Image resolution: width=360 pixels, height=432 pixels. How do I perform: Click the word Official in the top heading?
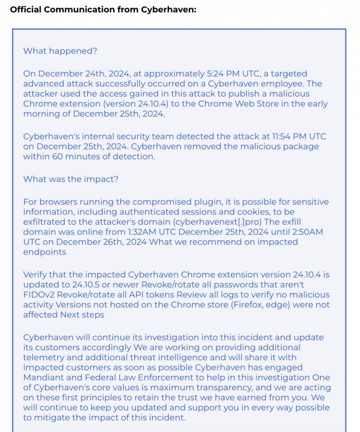click(26, 10)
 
